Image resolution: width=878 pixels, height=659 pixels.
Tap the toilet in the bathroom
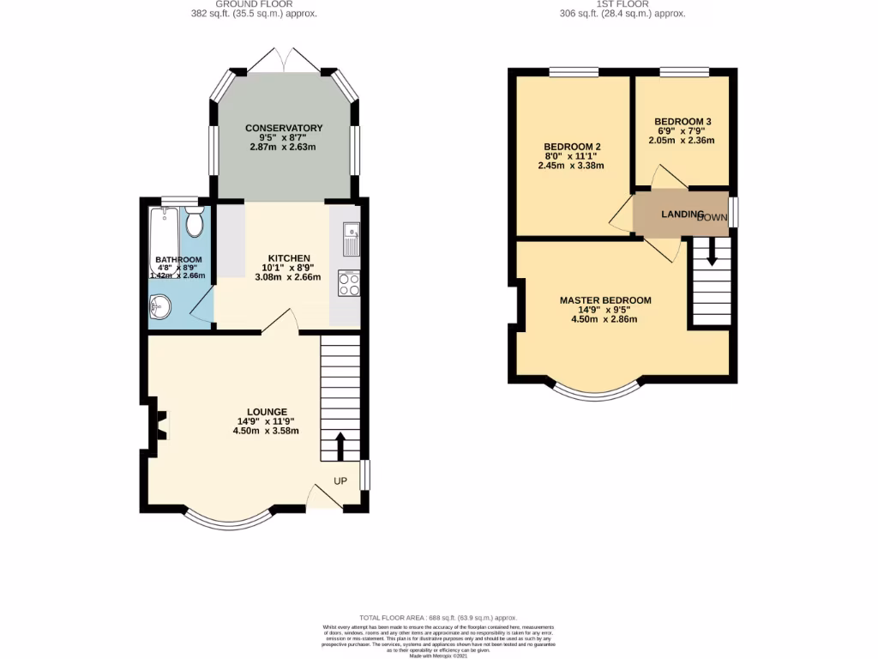(x=193, y=223)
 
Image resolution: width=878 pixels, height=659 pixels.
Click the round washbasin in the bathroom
(x=159, y=304)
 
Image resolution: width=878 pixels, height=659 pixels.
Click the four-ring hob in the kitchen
(x=349, y=283)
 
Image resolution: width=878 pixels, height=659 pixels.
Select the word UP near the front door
(x=340, y=481)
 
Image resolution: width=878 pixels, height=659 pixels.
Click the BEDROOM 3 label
(x=682, y=121)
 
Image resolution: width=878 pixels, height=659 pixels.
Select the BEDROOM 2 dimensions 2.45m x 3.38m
(x=571, y=166)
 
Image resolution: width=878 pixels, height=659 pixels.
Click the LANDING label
(x=682, y=214)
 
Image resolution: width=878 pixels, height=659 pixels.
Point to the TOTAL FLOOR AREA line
(x=438, y=617)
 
